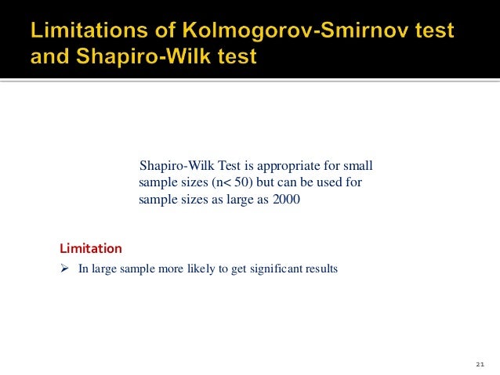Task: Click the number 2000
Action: tap(285, 199)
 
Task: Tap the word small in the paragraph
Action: tap(358, 166)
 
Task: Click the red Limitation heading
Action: tap(90, 249)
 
